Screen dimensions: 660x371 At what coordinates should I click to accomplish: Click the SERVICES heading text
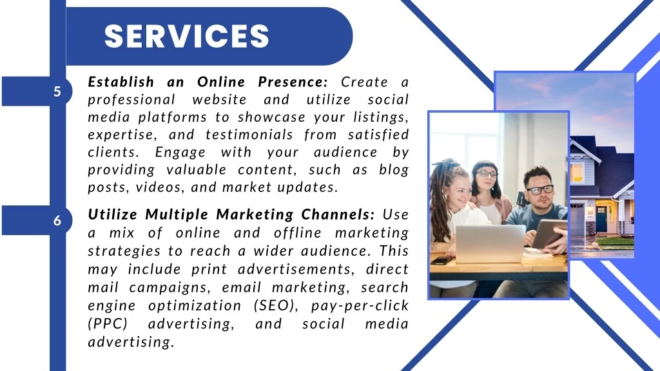click(x=186, y=36)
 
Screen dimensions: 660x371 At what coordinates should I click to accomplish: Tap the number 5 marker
click(x=57, y=91)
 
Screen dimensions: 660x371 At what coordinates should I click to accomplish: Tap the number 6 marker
click(x=57, y=220)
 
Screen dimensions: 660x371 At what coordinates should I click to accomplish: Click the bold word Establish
click(x=121, y=82)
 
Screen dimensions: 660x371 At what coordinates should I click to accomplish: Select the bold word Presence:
click(x=293, y=82)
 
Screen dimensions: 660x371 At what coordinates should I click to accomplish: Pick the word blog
click(x=394, y=170)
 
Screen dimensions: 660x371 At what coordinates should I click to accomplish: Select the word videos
click(x=160, y=187)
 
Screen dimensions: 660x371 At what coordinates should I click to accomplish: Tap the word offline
click(x=298, y=233)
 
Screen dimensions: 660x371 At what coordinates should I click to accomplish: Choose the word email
click(x=242, y=287)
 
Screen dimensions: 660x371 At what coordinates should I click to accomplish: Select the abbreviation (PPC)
click(x=108, y=324)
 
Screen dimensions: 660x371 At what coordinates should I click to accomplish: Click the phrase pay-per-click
click(x=360, y=306)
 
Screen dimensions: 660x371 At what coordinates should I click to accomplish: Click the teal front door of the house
click(x=601, y=219)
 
